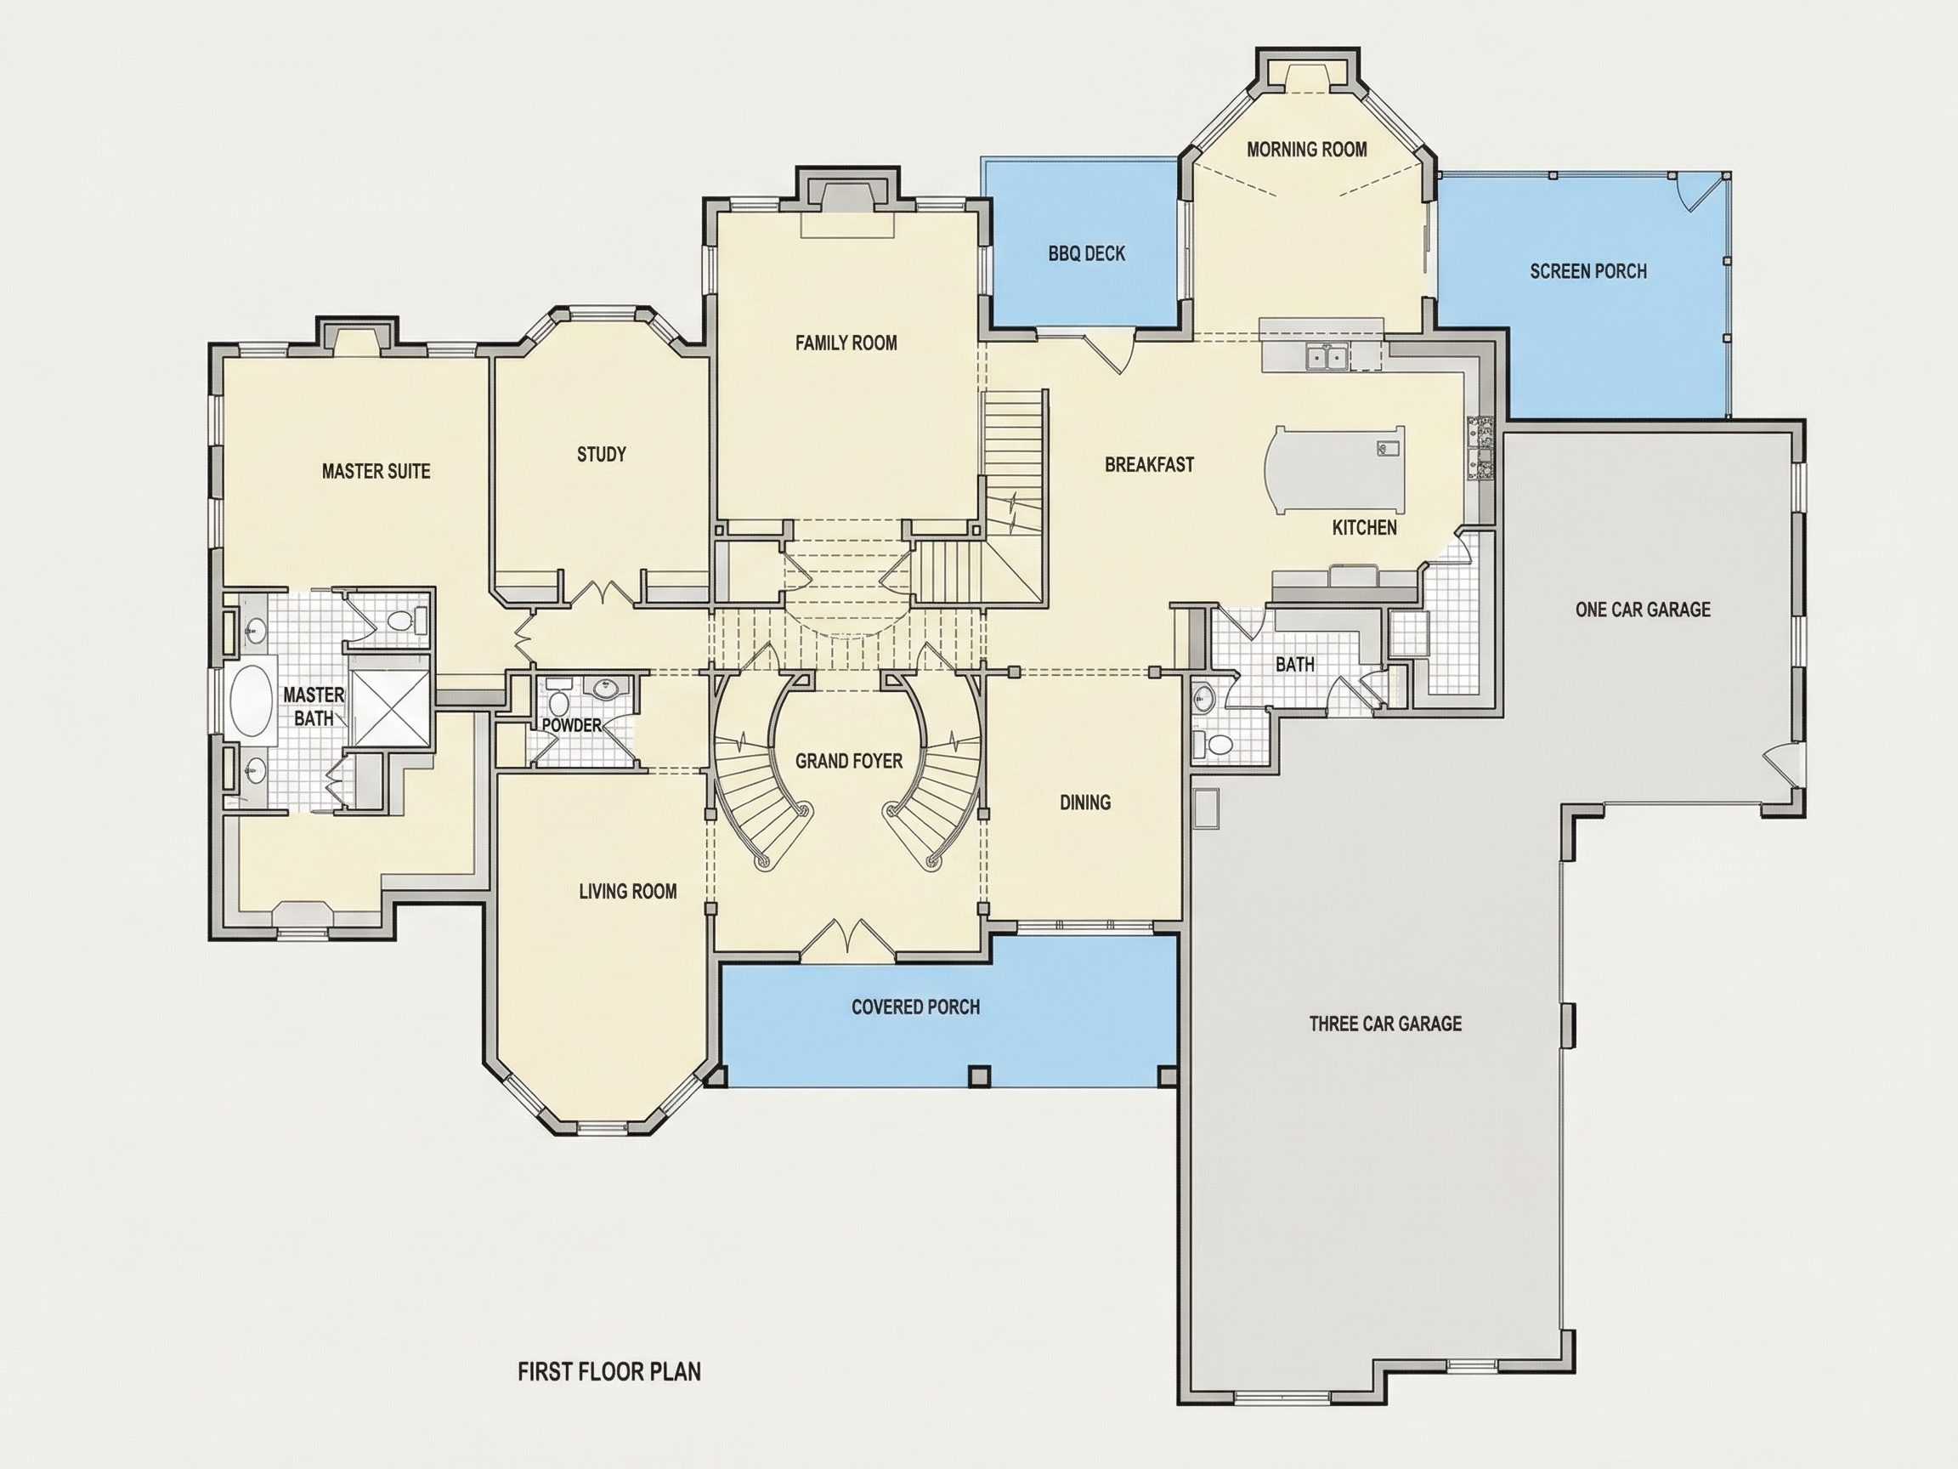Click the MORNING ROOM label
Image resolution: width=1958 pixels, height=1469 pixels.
[x=1306, y=150]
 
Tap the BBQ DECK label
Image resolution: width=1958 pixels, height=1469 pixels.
[x=1086, y=254]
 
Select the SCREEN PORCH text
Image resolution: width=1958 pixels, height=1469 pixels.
[x=1588, y=271]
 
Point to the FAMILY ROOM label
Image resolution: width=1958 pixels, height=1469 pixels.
[x=846, y=343]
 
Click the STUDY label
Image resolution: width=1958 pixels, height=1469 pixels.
[x=601, y=454]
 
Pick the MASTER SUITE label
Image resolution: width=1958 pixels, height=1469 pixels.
[x=376, y=471]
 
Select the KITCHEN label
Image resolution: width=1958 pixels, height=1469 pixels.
[x=1364, y=528]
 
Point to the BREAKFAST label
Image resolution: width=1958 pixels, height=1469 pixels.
[x=1149, y=465]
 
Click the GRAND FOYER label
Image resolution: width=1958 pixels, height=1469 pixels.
[x=848, y=761]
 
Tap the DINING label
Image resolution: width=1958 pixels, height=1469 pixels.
[x=1085, y=803]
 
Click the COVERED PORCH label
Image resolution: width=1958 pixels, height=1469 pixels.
[x=915, y=1007]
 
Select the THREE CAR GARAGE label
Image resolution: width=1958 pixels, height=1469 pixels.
[x=1385, y=1024]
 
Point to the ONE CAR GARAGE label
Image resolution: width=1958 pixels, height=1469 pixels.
[x=1643, y=610]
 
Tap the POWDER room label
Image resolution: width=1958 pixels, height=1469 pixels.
[x=572, y=725]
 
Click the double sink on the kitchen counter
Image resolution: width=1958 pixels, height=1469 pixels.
[x=1327, y=357]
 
